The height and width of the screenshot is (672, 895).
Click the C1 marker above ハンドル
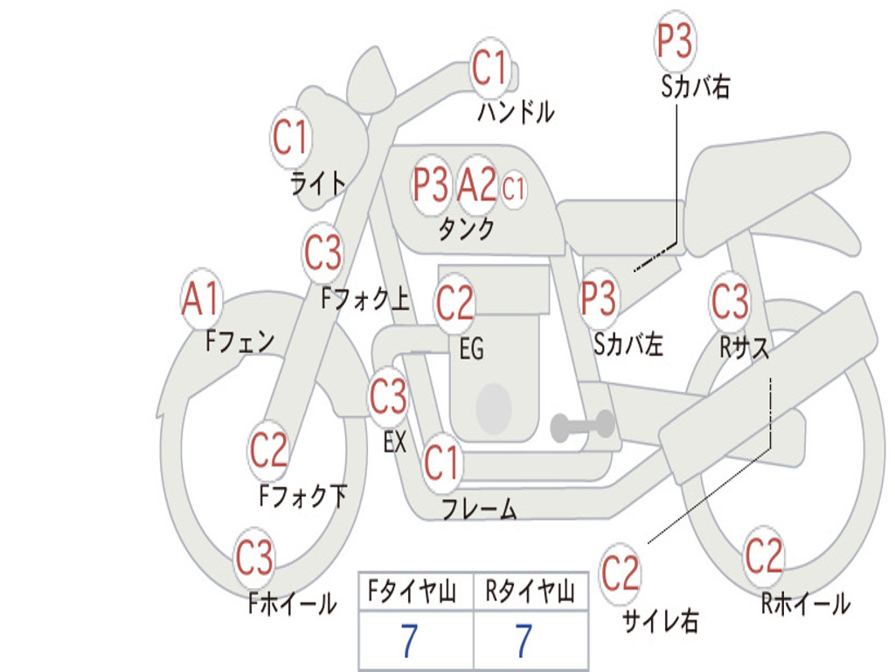489,68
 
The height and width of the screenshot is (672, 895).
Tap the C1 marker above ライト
290,137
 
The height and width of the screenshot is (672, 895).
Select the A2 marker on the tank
477,184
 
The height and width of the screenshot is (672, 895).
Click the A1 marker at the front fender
201,298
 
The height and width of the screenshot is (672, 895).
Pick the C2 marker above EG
454,302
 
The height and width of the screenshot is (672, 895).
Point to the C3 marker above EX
388,396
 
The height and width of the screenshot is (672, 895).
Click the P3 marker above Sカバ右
675,40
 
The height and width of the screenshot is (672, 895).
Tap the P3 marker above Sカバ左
599,297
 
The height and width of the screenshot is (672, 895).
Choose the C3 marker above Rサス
730,300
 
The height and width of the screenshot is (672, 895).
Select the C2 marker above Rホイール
764,556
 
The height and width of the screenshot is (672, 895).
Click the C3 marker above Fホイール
254,556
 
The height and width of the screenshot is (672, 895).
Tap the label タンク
466,228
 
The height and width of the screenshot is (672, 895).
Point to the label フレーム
480,508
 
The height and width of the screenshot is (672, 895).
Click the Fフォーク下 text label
302,495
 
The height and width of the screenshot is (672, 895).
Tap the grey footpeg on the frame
582,426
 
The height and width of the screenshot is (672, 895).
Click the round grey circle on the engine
494,408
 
